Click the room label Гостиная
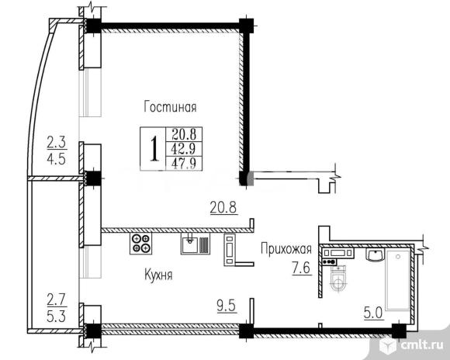(169, 107)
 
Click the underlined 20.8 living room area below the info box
(223, 208)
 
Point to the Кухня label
(157, 275)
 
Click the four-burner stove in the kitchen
(141, 244)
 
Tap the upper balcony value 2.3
(56, 142)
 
